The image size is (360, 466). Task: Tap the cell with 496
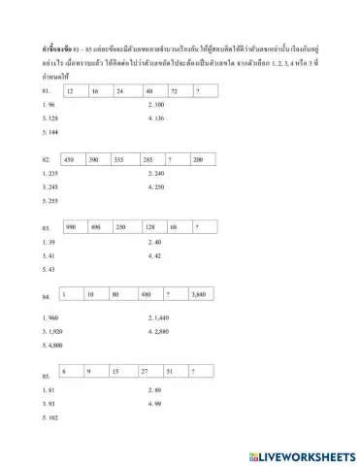pyautogui.click(x=101, y=226)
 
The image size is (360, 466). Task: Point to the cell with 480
pyautogui.click(x=152, y=293)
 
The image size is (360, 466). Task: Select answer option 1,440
pyautogui.click(x=157, y=317)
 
